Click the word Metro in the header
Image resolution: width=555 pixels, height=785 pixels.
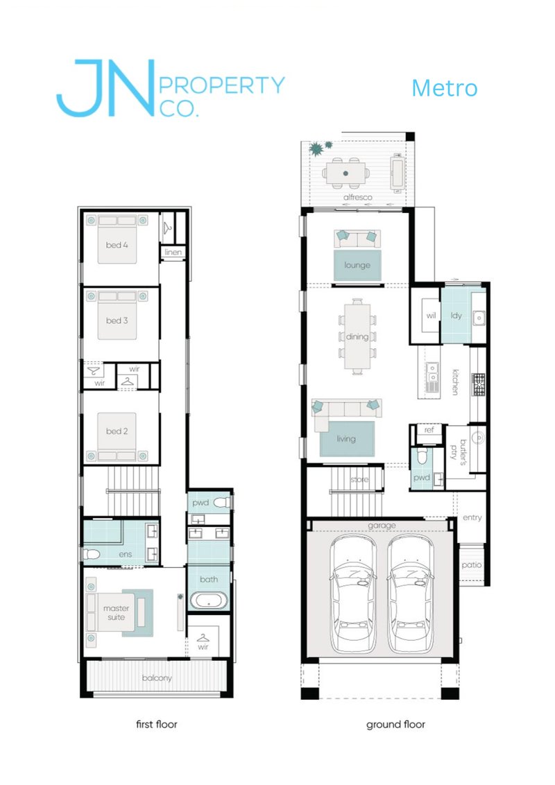click(x=444, y=89)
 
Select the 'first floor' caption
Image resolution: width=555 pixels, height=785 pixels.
click(x=156, y=725)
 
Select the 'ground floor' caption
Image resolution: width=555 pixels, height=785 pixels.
click(x=395, y=725)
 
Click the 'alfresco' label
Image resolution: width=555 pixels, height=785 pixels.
click(x=358, y=198)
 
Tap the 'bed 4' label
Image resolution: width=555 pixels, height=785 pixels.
click(x=117, y=245)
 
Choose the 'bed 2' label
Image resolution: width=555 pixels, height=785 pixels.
click(x=117, y=431)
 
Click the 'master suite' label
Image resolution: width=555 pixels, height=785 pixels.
click(x=117, y=614)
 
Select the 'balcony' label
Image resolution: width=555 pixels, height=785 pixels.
click(x=156, y=678)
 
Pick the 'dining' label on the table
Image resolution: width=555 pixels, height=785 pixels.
click(x=357, y=337)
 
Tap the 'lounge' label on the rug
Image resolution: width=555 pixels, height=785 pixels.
click(x=357, y=266)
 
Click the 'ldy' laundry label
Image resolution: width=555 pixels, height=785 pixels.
click(x=456, y=316)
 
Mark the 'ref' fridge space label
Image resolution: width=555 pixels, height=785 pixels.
click(x=429, y=431)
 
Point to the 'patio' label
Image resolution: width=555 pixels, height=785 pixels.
click(x=471, y=565)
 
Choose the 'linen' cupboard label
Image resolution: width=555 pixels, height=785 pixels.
click(x=173, y=252)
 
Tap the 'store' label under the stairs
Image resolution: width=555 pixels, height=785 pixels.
click(x=358, y=479)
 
